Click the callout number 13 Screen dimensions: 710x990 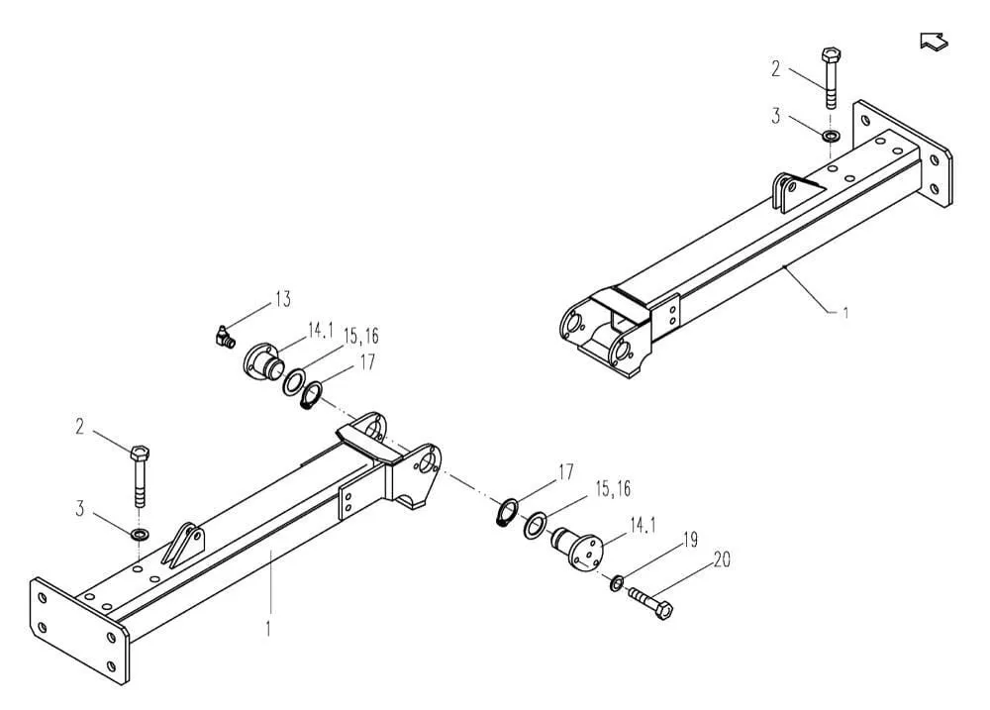(282, 299)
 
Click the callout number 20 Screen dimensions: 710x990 (721, 561)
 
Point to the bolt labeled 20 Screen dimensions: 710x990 (648, 603)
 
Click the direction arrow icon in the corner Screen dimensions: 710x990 (934, 41)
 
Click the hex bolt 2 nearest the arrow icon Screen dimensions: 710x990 (830, 74)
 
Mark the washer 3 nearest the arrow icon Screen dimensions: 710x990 (830, 132)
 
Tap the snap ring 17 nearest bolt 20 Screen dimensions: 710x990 (508, 513)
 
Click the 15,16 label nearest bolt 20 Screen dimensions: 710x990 (613, 490)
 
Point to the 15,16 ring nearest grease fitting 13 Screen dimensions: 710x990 (294, 381)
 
